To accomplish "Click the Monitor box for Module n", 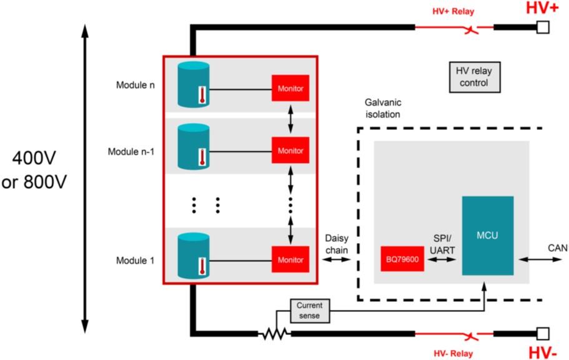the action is tap(290, 88).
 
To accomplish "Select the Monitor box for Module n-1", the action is tap(290, 150).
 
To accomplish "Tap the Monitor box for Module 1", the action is tap(290, 259).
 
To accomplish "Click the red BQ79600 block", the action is tap(402, 259).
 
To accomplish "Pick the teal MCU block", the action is tap(488, 236).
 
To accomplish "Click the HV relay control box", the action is tap(475, 77).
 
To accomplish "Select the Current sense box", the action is tap(310, 311).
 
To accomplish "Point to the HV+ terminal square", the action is tap(543, 27).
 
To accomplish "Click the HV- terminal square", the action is tap(543, 334).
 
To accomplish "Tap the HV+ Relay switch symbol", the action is tap(472, 29).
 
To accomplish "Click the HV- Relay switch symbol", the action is tap(472, 336).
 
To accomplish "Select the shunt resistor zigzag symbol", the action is tap(274, 334).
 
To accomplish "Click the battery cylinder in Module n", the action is tap(194, 84).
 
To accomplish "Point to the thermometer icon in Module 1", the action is tap(202, 266).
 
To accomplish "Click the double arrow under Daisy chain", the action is tap(337, 259).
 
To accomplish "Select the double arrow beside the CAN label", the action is tap(540, 259).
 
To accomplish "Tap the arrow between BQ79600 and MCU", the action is tap(442, 259).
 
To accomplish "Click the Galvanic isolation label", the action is tap(383, 108).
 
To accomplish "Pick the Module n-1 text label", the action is tap(131, 151).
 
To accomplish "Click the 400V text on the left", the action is tap(34, 158).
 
